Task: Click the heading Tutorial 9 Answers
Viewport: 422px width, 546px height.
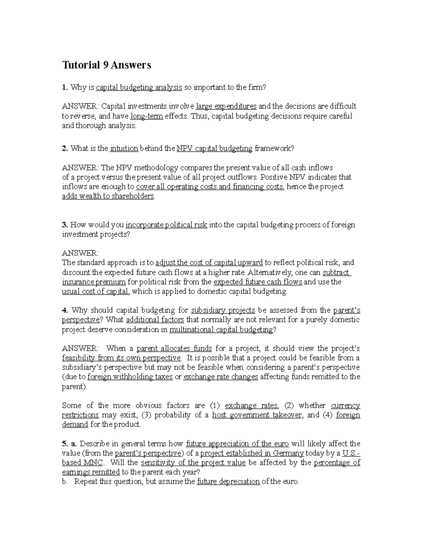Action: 107,65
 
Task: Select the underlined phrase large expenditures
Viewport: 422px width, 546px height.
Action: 226,106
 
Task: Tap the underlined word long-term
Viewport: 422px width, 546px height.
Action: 146,116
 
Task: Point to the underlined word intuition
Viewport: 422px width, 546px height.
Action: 124,148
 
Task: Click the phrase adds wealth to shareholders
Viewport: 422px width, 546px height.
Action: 108,196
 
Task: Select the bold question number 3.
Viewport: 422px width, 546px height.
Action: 64,225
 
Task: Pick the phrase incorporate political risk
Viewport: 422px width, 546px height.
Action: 166,225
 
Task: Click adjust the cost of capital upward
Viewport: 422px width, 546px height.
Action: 209,263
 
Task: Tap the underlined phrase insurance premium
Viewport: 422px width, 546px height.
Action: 94,282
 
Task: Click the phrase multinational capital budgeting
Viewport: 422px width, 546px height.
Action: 221,329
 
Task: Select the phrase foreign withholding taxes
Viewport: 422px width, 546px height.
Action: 130,377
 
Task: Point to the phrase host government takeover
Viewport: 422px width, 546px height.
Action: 257,415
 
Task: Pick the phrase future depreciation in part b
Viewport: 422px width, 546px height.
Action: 228,482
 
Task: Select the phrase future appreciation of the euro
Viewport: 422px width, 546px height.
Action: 237,444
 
